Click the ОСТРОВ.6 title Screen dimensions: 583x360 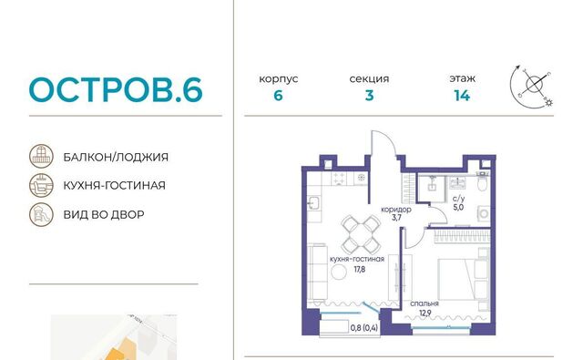pyautogui.click(x=116, y=89)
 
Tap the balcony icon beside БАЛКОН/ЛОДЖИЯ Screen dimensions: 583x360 pyautogui.click(x=41, y=156)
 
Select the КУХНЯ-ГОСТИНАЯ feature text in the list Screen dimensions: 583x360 pyautogui.click(x=115, y=185)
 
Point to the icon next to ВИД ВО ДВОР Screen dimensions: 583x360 pyautogui.click(x=41, y=214)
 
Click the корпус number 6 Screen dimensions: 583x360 pyautogui.click(x=278, y=96)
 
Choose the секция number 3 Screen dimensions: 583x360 pyautogui.click(x=369, y=96)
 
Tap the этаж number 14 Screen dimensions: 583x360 pyautogui.click(x=462, y=96)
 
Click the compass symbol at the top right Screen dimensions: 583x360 pyautogui.click(x=532, y=87)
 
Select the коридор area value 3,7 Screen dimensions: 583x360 pyautogui.click(x=396, y=218)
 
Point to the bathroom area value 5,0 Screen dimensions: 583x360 pyautogui.click(x=458, y=207)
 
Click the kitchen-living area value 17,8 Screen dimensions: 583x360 pyautogui.click(x=359, y=269)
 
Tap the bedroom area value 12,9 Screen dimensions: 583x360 pyautogui.click(x=425, y=313)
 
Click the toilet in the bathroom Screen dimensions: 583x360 pyautogui.click(x=482, y=183)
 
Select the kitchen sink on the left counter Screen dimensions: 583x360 pyautogui.click(x=313, y=203)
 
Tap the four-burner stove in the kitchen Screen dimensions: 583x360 pyautogui.click(x=338, y=178)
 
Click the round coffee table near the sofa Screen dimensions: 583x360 pyautogui.click(x=338, y=273)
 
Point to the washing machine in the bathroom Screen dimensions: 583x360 pyautogui.click(x=484, y=214)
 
